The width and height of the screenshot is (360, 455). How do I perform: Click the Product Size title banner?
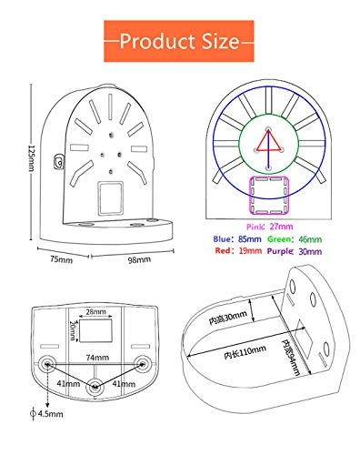(x=179, y=41)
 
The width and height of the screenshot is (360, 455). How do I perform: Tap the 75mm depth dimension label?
(x=60, y=259)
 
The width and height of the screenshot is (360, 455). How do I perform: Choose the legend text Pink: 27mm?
(x=269, y=225)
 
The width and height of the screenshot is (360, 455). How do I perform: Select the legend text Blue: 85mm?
(x=231, y=239)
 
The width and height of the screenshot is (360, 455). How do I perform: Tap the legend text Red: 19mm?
(x=231, y=255)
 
